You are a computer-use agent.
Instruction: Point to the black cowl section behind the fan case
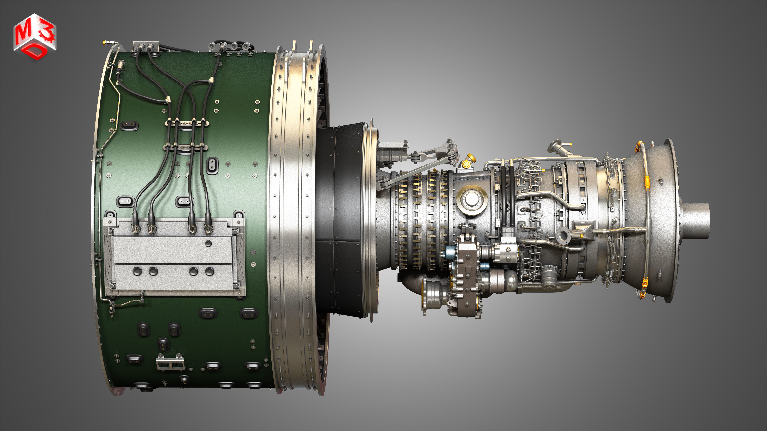[x=339, y=220]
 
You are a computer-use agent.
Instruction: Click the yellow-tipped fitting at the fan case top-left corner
[x=104, y=42]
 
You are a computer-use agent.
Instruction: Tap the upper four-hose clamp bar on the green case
[x=187, y=123]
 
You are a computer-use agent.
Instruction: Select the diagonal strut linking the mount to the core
[x=417, y=173]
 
